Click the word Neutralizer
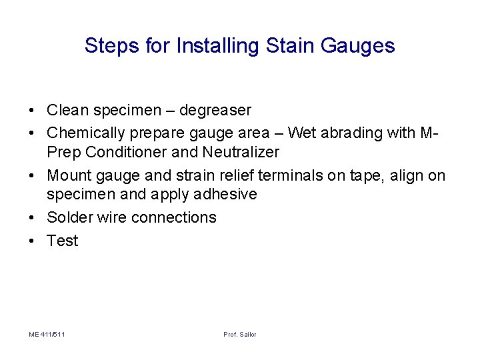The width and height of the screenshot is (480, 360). click(241, 152)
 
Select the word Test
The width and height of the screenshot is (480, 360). click(63, 241)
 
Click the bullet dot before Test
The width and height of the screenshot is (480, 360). click(32, 241)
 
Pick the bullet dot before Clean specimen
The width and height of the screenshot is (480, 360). click(32, 109)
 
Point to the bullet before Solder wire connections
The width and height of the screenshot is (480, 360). click(32, 218)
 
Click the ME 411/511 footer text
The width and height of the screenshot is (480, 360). click(47, 334)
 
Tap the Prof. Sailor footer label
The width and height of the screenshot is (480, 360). click(240, 334)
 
